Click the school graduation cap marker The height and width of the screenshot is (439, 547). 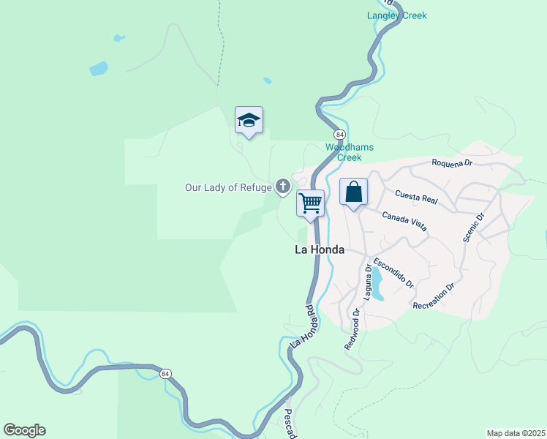click(x=249, y=121)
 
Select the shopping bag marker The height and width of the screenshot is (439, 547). click(x=353, y=193)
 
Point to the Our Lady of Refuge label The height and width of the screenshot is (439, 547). click(x=228, y=188)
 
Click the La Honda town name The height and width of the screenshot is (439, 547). click(x=319, y=249)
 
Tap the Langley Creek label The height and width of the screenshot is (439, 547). click(x=396, y=15)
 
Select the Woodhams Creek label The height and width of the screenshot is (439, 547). click(x=350, y=152)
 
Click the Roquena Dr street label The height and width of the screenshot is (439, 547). click(x=453, y=162)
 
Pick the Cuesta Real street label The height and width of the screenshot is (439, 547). click(x=415, y=195)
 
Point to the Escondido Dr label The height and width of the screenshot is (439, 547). click(x=393, y=272)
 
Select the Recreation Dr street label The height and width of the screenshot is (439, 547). click(x=434, y=296)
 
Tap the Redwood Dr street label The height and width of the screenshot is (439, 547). click(x=352, y=329)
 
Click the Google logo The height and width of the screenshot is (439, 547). click(x=24, y=430)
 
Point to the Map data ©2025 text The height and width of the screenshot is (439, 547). click(x=516, y=433)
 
